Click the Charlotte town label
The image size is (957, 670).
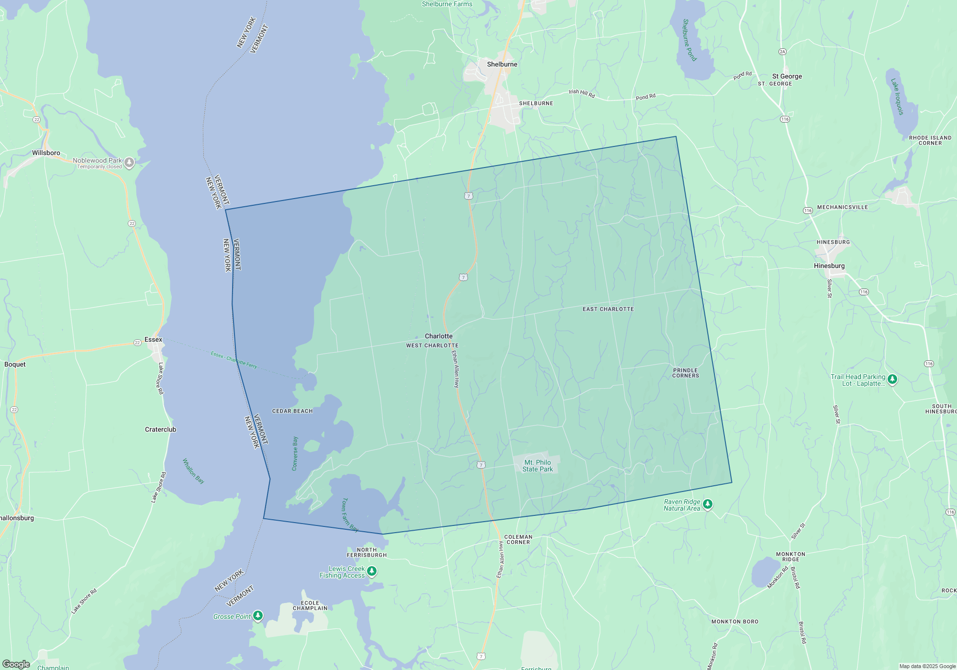pyautogui.click(x=438, y=336)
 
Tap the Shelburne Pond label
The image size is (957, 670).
pyautogui.click(x=689, y=40)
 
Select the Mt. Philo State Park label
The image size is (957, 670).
pyautogui.click(x=537, y=466)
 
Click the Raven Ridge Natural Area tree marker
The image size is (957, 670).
pyautogui.click(x=708, y=504)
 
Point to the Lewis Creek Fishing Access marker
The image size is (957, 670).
pyautogui.click(x=372, y=571)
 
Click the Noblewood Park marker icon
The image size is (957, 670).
pyautogui.click(x=129, y=163)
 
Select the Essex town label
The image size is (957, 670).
pyautogui.click(x=153, y=339)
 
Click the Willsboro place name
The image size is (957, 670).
pyautogui.click(x=46, y=153)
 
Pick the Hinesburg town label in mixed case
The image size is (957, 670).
pyautogui.click(x=829, y=266)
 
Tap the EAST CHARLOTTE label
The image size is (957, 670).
pyautogui.click(x=608, y=309)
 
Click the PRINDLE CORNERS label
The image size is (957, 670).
pyautogui.click(x=685, y=373)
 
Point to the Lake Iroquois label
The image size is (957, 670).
pyautogui.click(x=897, y=97)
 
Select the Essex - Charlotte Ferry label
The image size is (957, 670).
pyautogui.click(x=234, y=359)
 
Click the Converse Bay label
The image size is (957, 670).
pyautogui.click(x=295, y=453)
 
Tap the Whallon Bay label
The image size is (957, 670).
pyautogui.click(x=193, y=471)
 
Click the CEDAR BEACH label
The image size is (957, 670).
pyautogui.click(x=292, y=411)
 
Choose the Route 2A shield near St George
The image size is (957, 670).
pyautogui.click(x=782, y=52)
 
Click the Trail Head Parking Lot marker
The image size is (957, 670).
pyautogui.click(x=892, y=380)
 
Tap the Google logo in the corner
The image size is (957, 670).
pyautogui.click(x=16, y=664)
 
